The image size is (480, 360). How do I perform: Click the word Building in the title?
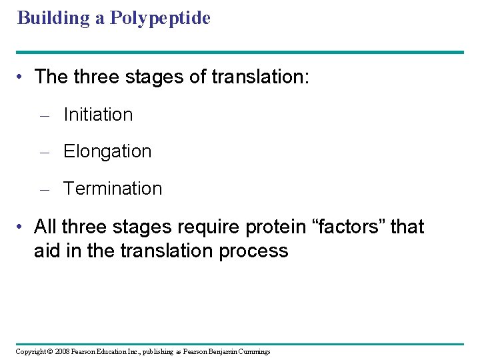click(x=54, y=18)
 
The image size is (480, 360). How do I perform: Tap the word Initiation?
click(x=98, y=115)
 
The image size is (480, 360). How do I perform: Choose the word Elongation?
click(x=107, y=151)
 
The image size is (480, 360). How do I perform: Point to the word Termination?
click(x=113, y=189)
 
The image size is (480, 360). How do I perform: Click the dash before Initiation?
click(x=45, y=115)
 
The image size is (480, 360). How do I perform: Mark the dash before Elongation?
click(x=45, y=152)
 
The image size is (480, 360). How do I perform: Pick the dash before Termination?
click(x=45, y=189)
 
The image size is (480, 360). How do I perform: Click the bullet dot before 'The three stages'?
click(x=23, y=77)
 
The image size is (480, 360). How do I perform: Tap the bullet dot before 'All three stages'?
click(x=23, y=227)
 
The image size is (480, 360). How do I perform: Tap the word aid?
click(x=47, y=251)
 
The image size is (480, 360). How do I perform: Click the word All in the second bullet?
click(x=45, y=227)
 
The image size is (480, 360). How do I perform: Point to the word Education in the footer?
click(x=119, y=351)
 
